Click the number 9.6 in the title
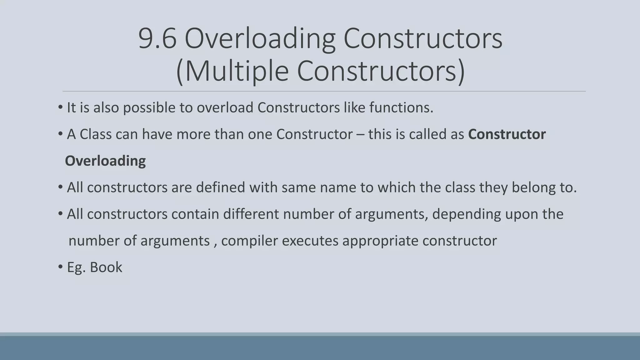[x=157, y=39]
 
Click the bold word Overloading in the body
[x=105, y=161]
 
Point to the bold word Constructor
[x=507, y=134]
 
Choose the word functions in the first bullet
[x=401, y=108]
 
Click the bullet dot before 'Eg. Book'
[x=61, y=267]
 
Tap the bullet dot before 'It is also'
[x=61, y=108]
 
